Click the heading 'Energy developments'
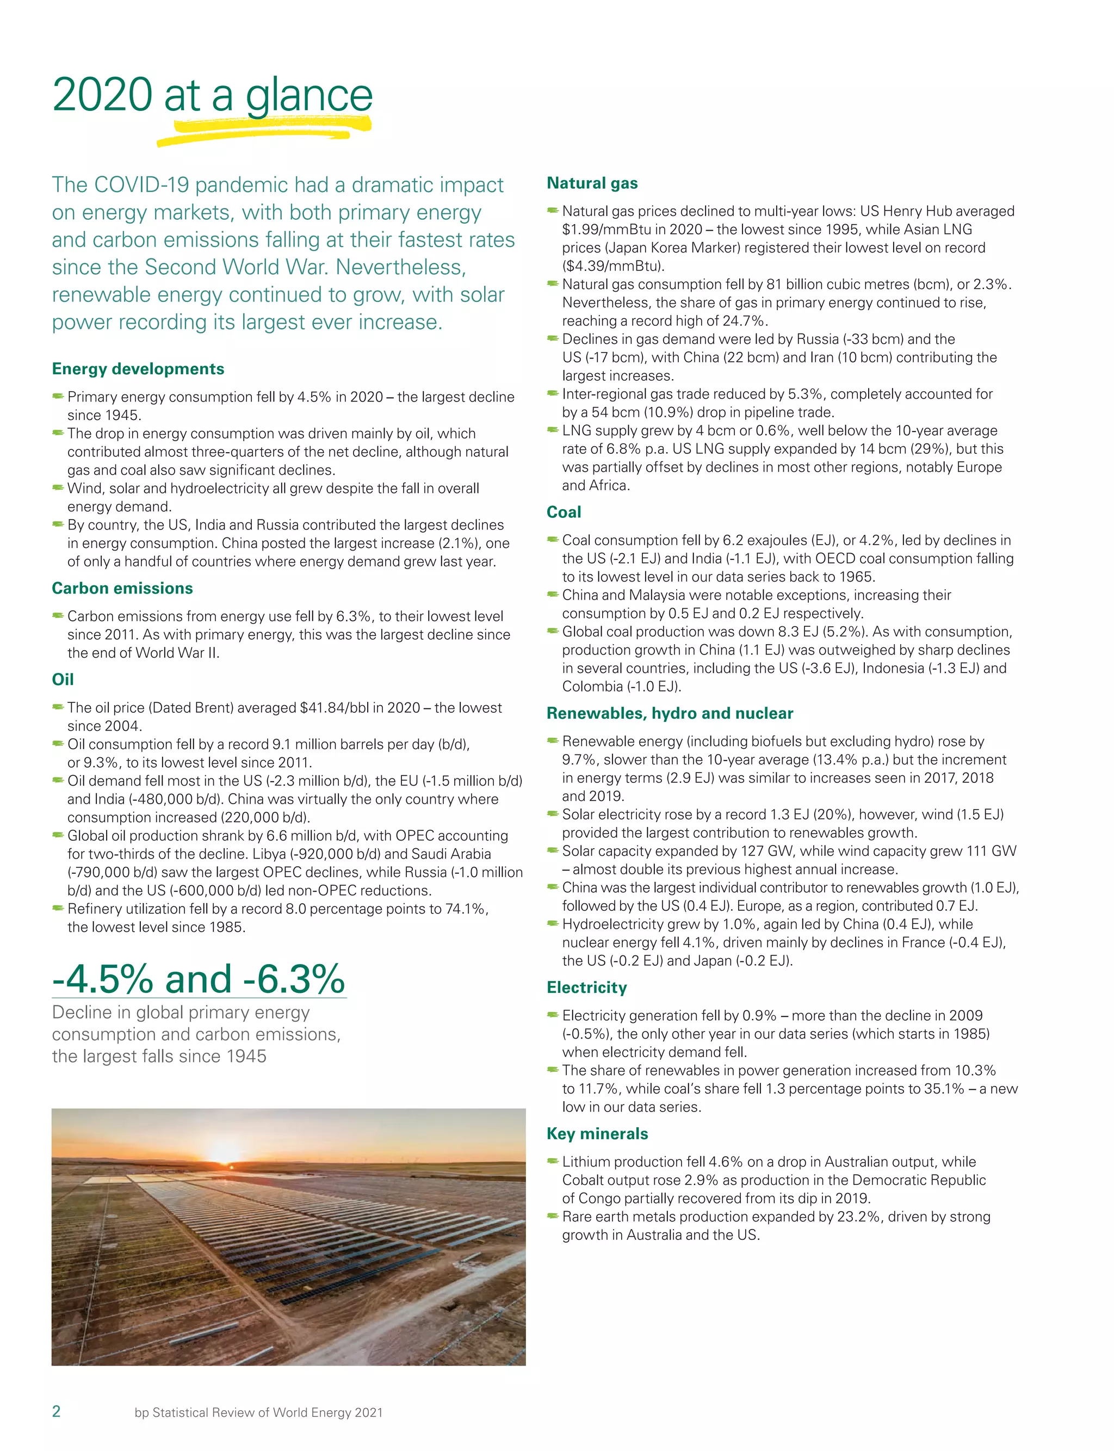tap(138, 369)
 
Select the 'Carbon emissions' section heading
tap(122, 588)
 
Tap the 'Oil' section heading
tap(63, 679)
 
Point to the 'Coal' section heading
tap(564, 512)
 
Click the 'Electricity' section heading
tap(587, 987)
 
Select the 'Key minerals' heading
tap(597, 1133)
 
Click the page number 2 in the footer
tap(57, 1411)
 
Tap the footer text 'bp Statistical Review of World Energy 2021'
tap(258, 1412)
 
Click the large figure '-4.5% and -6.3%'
tap(199, 979)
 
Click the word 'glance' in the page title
tap(309, 96)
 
